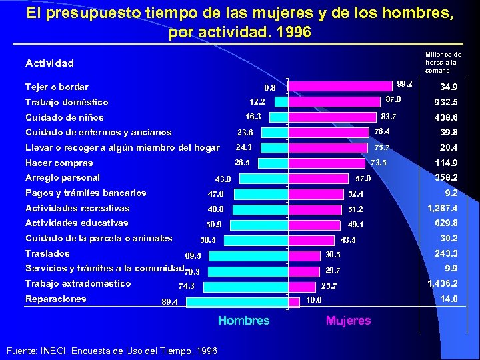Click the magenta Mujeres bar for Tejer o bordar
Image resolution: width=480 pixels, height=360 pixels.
click(340, 85)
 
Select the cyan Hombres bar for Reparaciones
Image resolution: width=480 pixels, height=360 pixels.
click(237, 302)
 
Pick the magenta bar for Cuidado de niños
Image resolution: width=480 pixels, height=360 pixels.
click(332, 117)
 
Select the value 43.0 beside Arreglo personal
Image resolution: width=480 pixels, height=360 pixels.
click(223, 179)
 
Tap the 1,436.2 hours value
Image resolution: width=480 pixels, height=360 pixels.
click(441, 283)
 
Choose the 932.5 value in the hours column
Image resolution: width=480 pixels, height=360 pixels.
click(445, 103)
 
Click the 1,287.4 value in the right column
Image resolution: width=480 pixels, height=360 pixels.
click(441, 208)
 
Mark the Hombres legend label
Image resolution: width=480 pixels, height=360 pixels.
click(243, 321)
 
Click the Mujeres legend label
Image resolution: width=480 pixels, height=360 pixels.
click(348, 321)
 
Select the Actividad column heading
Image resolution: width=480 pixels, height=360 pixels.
click(49, 63)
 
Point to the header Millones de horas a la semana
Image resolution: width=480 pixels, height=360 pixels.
click(443, 62)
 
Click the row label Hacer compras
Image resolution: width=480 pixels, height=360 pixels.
click(59, 163)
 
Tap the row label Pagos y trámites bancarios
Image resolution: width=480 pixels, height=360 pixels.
click(85, 193)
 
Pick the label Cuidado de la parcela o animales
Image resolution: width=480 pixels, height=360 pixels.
click(98, 238)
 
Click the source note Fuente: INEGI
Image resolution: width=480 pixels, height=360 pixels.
click(110, 350)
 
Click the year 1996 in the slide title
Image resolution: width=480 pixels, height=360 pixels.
click(294, 32)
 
